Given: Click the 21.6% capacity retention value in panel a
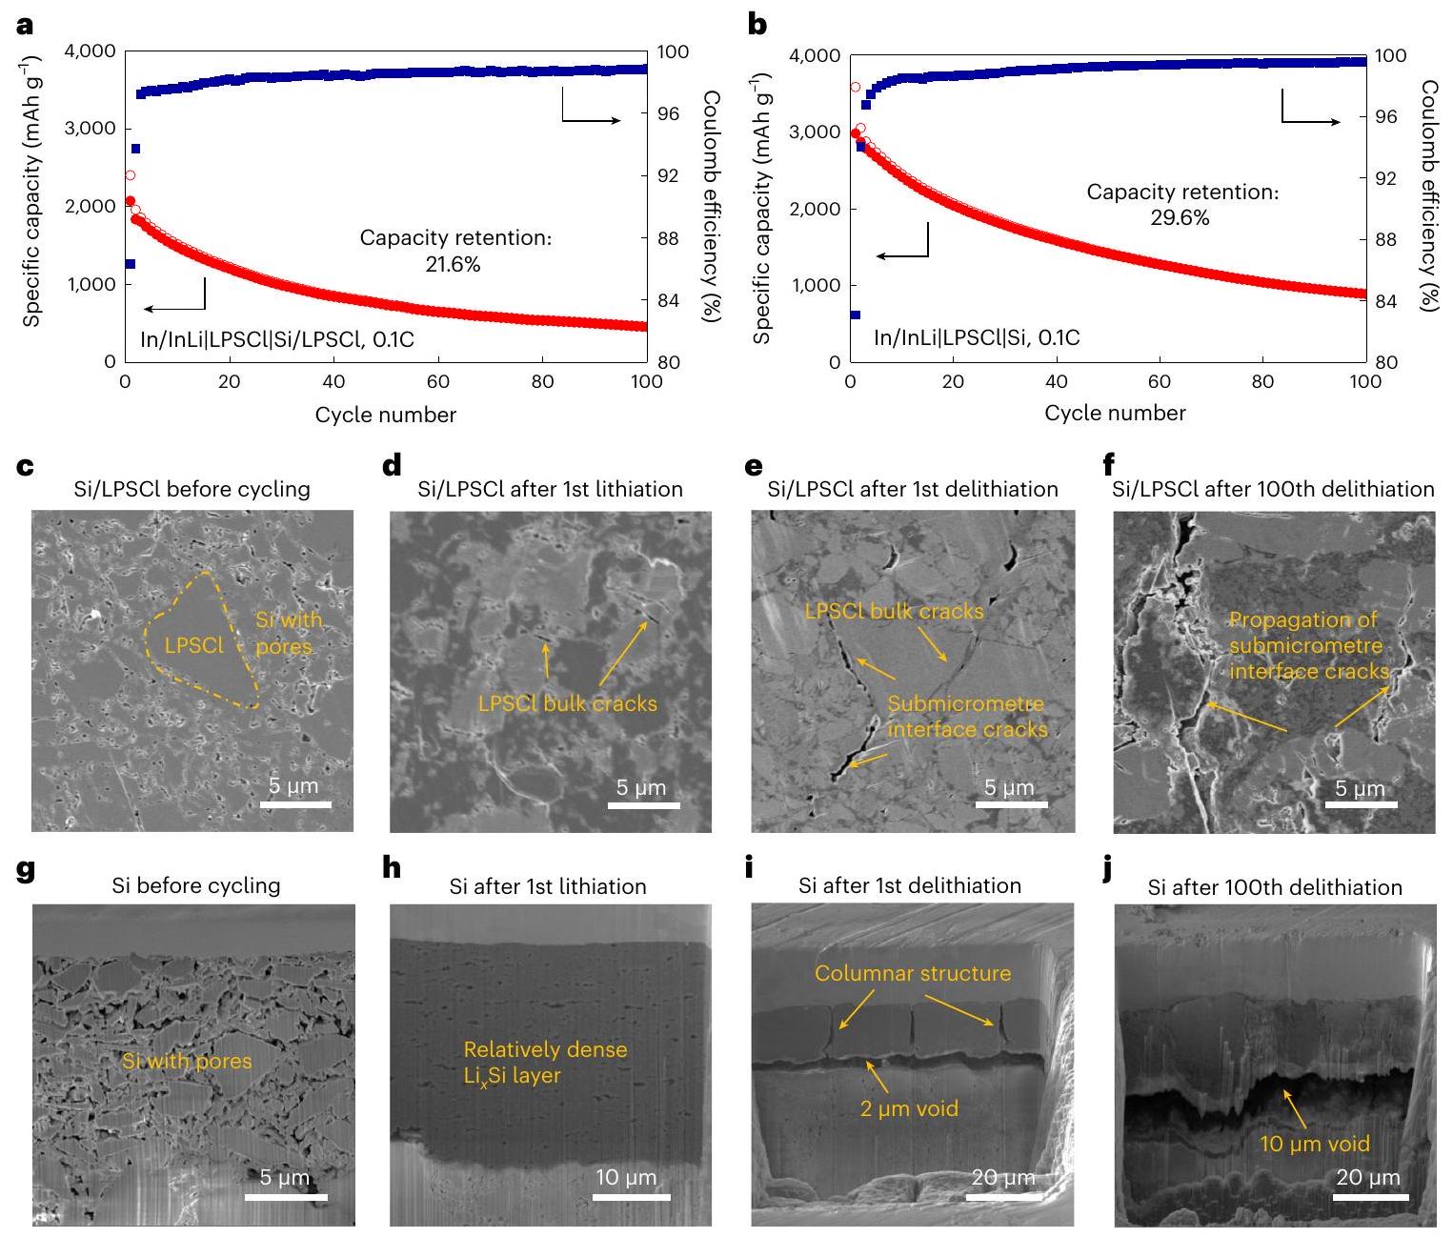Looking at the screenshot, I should pos(453,265).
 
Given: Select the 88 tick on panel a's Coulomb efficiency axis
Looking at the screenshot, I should pos(668,238).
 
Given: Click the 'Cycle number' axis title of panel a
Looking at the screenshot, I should pos(385,415).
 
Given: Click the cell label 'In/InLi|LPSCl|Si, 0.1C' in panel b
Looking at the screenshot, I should pos(977,337).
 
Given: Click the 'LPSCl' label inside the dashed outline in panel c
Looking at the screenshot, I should pos(193,645).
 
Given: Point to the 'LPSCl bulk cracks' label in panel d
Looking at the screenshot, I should pos(567,704).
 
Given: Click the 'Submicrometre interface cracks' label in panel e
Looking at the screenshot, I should pos(967,717).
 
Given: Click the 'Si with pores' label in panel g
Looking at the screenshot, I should pos(187,1061).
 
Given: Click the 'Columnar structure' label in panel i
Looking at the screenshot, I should pos(912,973).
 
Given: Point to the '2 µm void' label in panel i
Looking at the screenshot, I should pos(909,1108).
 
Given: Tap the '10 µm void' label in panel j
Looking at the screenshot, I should pos(1315,1144).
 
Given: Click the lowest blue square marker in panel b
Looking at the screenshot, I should pos(855,315).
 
